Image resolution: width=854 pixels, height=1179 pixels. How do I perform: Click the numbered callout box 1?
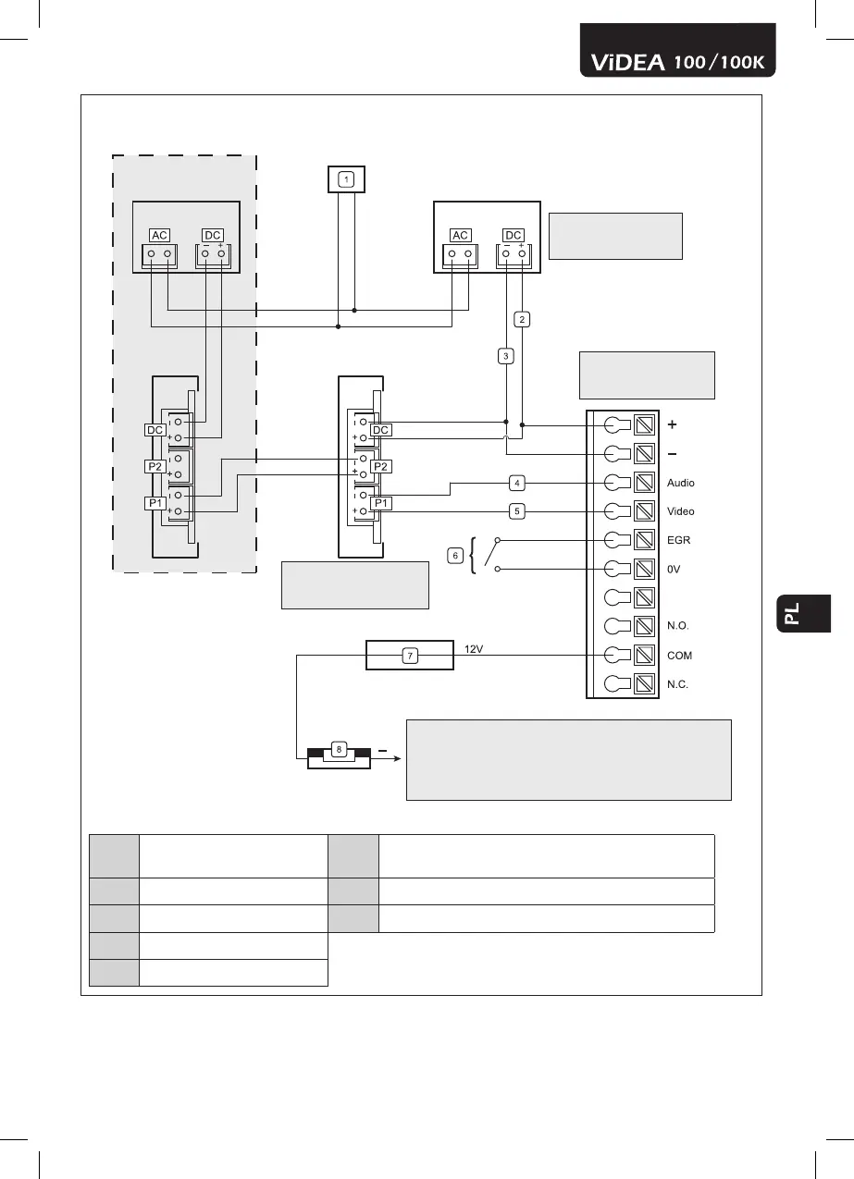tap(345, 178)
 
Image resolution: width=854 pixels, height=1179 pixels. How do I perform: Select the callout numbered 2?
tap(522, 319)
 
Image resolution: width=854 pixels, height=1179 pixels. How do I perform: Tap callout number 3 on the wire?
tap(505, 355)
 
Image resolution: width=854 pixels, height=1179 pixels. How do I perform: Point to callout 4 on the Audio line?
tap(517, 482)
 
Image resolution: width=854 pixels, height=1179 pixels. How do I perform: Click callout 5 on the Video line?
tap(517, 510)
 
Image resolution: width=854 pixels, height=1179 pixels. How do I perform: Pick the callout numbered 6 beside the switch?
tap(454, 555)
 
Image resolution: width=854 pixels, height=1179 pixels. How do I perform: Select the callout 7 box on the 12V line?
tap(410, 656)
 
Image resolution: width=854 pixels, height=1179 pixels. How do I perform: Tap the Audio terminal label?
tap(680, 483)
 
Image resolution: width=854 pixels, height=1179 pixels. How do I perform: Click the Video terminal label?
tap(680, 511)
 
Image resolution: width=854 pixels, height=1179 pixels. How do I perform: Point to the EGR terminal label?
tap(677, 540)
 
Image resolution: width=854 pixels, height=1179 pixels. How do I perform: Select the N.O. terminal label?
tap(677, 626)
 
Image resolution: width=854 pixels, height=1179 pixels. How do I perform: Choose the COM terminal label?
tap(679, 656)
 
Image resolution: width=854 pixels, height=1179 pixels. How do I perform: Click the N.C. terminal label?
tap(677, 685)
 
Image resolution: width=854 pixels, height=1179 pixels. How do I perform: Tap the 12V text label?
tap(474, 649)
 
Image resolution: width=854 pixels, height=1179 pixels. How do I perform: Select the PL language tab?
tap(793, 613)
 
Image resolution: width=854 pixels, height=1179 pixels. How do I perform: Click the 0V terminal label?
tap(674, 570)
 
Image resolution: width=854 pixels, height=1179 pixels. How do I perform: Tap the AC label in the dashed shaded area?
tap(159, 235)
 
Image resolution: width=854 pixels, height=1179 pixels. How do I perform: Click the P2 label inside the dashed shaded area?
tap(155, 467)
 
